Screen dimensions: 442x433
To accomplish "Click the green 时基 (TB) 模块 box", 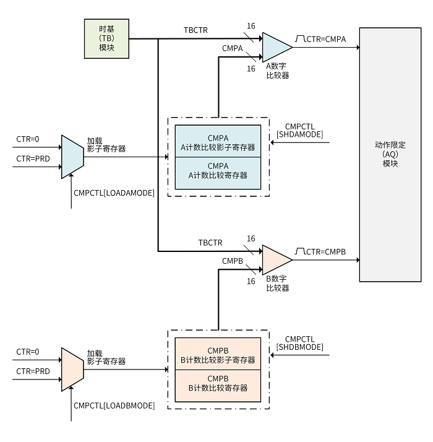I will [107, 38].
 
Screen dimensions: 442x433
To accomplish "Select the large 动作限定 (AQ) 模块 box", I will [390, 154].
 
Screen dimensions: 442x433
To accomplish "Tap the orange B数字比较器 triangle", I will [275, 259].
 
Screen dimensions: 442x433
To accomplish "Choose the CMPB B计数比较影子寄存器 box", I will [218, 354].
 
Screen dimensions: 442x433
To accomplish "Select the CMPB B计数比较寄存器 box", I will [218, 383].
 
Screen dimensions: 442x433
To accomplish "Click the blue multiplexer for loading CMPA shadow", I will [72, 157].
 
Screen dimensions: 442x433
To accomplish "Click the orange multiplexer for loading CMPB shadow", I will [72, 370].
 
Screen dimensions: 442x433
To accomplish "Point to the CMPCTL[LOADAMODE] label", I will [114, 193].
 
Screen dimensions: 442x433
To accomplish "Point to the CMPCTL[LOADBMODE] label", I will [114, 405].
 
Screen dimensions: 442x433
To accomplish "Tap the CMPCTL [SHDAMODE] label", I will [300, 131].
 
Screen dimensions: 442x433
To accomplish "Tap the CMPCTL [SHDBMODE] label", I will [300, 344].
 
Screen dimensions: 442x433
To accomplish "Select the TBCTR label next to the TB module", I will [195, 30].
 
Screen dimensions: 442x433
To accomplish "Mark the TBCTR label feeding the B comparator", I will [210, 242].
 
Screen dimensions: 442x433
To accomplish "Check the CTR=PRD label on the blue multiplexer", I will [33, 158].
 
